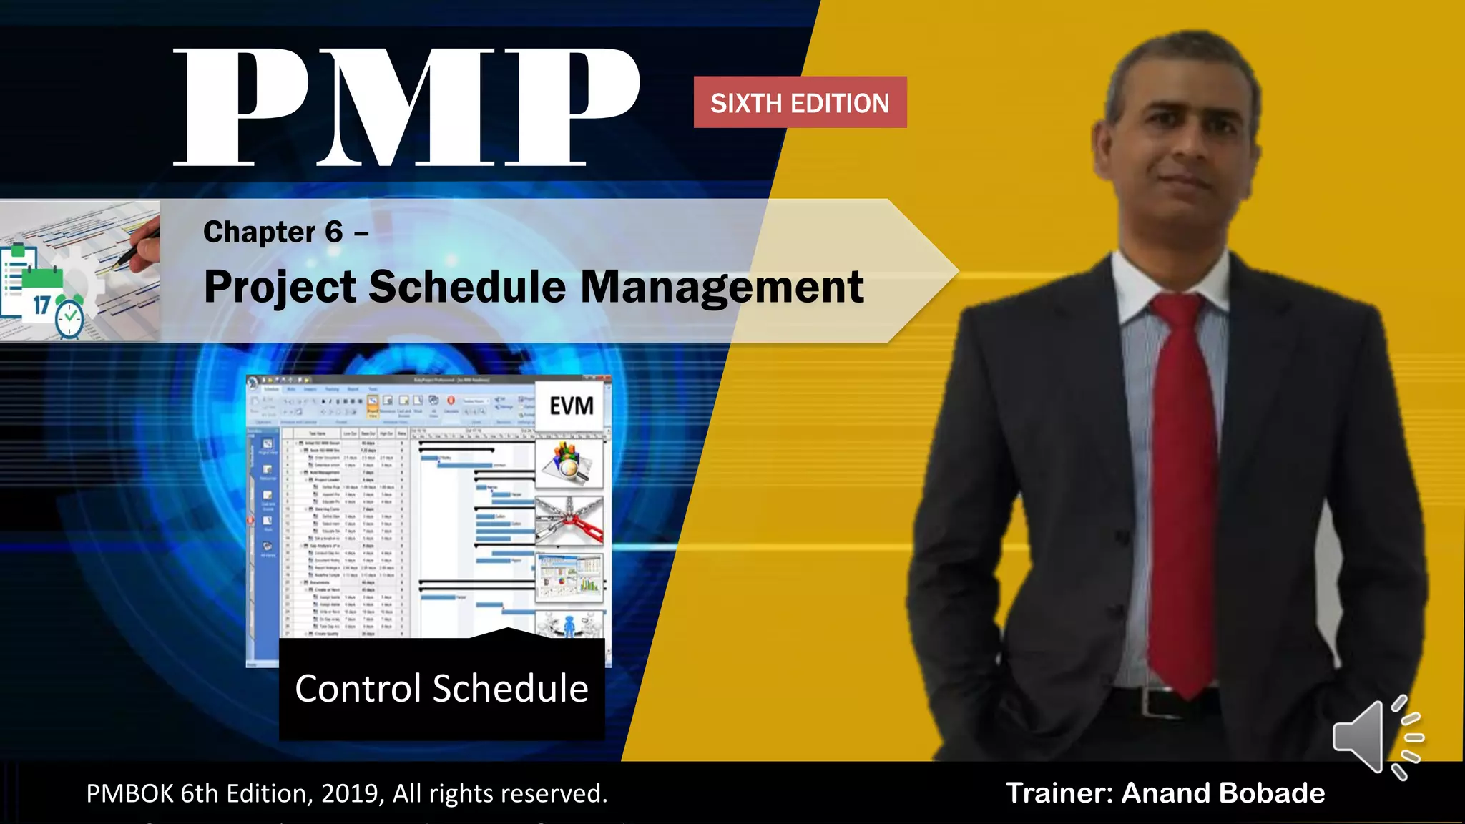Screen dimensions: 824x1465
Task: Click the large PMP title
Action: [x=406, y=107]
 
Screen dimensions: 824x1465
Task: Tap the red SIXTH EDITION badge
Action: [x=800, y=103]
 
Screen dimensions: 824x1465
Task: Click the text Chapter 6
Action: [x=273, y=232]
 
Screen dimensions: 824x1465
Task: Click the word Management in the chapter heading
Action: [x=722, y=287]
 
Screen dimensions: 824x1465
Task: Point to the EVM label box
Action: [x=571, y=406]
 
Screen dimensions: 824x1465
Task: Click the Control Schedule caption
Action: [x=441, y=688]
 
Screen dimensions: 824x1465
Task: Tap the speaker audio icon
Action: [x=1377, y=737]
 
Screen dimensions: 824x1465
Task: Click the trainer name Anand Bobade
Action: [x=1223, y=793]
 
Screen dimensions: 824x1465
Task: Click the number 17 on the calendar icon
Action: [x=41, y=305]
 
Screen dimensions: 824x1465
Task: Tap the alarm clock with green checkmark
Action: [x=70, y=317]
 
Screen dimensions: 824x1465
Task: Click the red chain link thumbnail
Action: [x=569, y=521]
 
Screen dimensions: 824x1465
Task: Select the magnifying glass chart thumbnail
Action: [x=569, y=463]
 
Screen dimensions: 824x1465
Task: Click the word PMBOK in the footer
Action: [x=129, y=793]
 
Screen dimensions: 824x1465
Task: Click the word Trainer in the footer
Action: [x=1059, y=793]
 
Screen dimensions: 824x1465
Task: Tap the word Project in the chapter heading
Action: [x=280, y=287]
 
